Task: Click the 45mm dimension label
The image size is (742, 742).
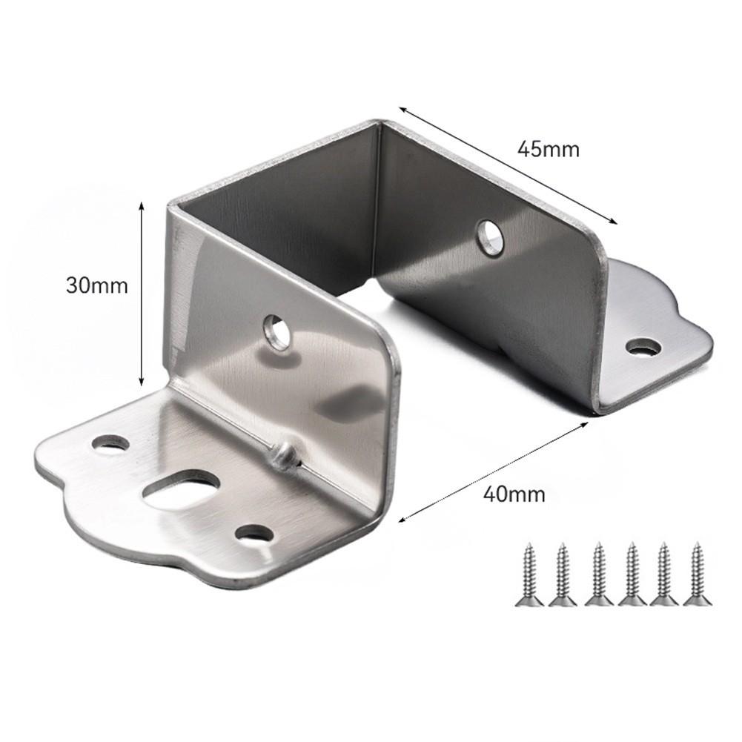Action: click(x=548, y=149)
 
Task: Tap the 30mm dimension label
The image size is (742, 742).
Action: click(x=96, y=285)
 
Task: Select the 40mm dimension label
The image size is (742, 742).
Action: click(x=514, y=494)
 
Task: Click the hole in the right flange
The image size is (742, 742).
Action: click(x=643, y=348)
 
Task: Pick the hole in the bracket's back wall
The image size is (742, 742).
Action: click(x=488, y=237)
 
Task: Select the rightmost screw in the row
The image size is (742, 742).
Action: click(x=697, y=574)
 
